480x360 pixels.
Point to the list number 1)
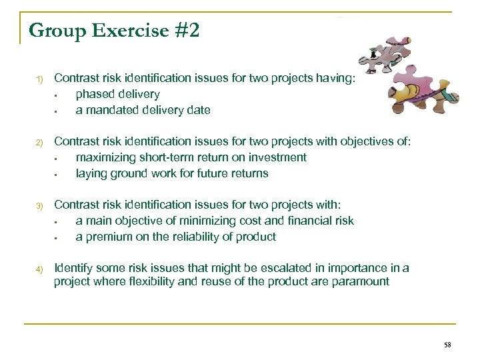coord(39,79)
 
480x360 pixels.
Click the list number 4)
coord(39,269)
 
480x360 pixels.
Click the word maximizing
coord(106,157)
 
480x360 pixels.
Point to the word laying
coord(91,173)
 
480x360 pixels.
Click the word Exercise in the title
coord(129,31)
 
